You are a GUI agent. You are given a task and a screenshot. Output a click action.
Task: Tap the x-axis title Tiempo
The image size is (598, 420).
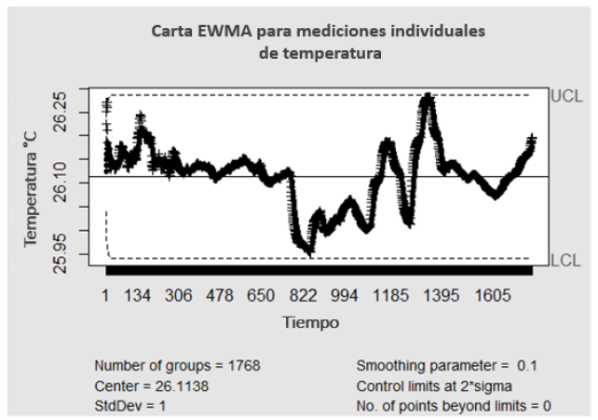point(311,322)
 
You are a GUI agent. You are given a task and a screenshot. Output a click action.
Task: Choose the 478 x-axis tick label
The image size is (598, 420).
point(220,296)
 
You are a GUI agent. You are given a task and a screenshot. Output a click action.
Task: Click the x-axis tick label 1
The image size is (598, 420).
point(105,296)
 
